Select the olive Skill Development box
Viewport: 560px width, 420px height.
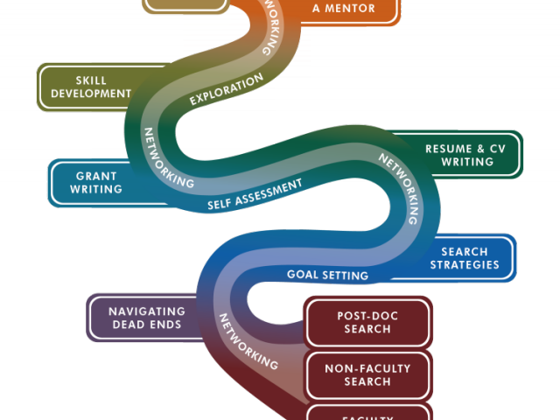(90, 87)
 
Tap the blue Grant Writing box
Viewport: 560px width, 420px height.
(96, 182)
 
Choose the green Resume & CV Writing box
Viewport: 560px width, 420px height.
(459, 155)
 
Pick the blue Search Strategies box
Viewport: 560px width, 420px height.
(464, 258)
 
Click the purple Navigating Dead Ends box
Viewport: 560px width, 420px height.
(146, 318)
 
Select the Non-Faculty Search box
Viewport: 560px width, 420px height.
(367, 374)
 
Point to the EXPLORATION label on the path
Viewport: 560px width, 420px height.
(227, 89)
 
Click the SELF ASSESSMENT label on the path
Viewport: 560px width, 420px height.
(255, 194)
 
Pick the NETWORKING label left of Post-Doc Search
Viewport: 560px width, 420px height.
(247, 341)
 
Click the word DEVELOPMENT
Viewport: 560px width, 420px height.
(91, 94)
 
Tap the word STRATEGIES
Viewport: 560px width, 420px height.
(464, 264)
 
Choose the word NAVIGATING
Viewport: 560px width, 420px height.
(147, 311)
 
